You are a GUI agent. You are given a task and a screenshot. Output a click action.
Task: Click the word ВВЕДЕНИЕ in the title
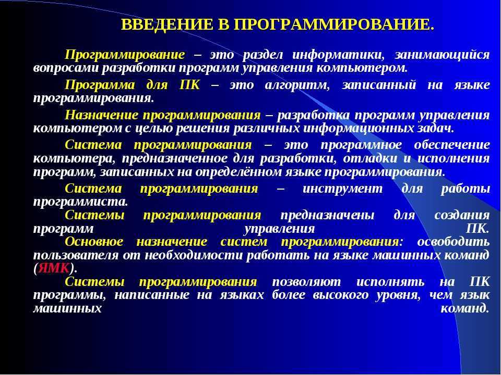pos(167,24)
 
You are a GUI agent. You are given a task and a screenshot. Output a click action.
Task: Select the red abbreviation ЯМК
pos(54,268)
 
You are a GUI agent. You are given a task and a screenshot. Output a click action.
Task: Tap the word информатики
pos(338,55)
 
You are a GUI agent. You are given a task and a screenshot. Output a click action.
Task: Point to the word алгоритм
pos(297,85)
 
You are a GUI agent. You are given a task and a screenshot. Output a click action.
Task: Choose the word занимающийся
pos(442,55)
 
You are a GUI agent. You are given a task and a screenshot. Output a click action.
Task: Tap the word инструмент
pos(342,189)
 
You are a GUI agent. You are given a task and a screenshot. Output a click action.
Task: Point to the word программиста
pos(80,202)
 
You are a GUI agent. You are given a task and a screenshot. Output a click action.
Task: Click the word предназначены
pos(327,216)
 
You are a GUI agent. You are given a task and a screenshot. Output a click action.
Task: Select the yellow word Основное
pos(94,241)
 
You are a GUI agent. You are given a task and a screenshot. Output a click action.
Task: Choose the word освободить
pos(454,242)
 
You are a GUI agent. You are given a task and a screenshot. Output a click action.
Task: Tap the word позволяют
pos(306,282)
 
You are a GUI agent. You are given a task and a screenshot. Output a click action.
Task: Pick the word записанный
pos(379,85)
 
